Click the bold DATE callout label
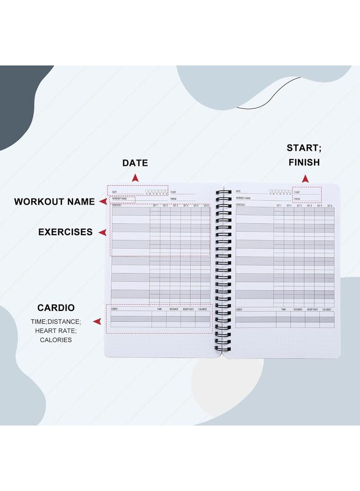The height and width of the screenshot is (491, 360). [135, 163]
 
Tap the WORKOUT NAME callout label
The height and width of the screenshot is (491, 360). [55, 201]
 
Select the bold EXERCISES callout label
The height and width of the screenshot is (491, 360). [65, 232]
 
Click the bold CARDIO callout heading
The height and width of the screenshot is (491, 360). [56, 308]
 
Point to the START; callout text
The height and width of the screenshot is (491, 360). [303, 148]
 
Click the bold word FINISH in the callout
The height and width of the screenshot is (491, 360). [303, 162]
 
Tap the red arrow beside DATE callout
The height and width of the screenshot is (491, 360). [135, 178]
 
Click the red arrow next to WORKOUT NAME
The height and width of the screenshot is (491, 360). [103, 201]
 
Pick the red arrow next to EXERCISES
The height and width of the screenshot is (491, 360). [102, 232]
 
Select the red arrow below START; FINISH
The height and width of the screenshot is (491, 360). [305, 178]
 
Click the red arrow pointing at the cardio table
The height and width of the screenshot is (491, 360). [97, 322]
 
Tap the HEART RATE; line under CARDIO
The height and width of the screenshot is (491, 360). [56, 331]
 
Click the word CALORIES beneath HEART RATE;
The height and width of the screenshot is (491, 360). [56, 339]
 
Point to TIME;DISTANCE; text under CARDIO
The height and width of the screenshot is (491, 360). [56, 322]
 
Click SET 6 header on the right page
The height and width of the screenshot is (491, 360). [329, 205]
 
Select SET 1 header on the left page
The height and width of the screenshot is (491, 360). [155, 205]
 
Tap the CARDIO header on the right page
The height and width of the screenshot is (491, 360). [239, 309]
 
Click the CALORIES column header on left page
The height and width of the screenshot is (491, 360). [203, 309]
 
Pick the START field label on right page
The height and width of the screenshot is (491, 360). [297, 192]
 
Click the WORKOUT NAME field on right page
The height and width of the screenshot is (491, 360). [243, 199]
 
